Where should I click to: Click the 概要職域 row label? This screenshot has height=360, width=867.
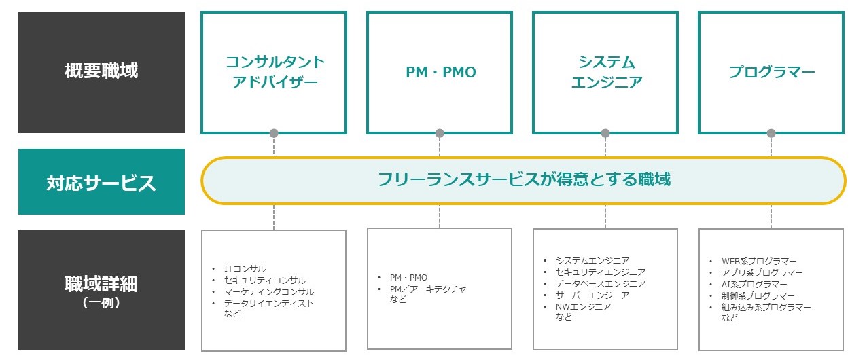pos(101,71)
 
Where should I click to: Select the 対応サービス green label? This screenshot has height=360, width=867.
pos(101,183)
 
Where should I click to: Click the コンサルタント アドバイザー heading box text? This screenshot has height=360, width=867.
pos(275,72)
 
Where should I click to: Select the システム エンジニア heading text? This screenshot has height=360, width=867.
pos(606,72)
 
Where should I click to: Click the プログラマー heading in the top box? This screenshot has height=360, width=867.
pos(772,73)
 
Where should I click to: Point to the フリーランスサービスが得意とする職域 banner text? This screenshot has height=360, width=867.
pos(524,180)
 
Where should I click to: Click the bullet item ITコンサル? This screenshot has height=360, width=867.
pos(245,269)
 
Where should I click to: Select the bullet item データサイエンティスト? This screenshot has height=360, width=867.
pos(268,304)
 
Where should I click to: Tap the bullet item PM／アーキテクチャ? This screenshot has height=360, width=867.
pos(428,289)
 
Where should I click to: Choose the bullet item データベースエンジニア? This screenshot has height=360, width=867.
pos(600,284)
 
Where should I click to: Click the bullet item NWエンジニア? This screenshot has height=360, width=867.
pos(583,307)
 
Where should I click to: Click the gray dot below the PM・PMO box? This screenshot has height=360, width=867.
pos(440,133)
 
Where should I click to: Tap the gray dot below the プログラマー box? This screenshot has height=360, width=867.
pos(771,133)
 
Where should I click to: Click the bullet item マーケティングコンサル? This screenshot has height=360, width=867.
pos(268,292)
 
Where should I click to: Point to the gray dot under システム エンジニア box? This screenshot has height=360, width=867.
pos(605,133)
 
